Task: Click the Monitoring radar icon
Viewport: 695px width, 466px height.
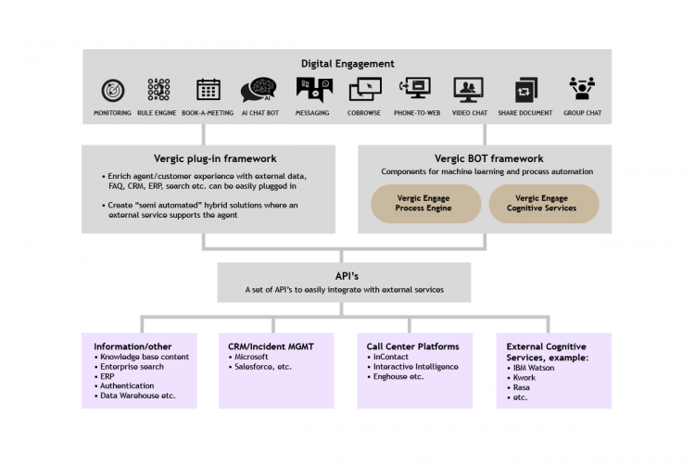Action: (x=112, y=91)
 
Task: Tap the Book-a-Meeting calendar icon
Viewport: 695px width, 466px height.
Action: (x=208, y=90)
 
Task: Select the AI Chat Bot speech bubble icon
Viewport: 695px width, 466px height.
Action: (x=259, y=90)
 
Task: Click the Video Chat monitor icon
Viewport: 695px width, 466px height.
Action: (x=469, y=89)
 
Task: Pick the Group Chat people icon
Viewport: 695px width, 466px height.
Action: (x=582, y=88)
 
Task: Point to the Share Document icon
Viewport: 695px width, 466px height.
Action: (x=525, y=90)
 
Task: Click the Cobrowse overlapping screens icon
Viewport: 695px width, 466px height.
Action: (x=365, y=90)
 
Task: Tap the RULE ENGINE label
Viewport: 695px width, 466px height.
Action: (x=157, y=113)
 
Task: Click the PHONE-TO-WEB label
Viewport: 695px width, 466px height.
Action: (x=417, y=113)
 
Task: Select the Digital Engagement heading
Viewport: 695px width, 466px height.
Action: (x=347, y=64)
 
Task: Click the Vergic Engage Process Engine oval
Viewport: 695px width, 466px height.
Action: (x=425, y=203)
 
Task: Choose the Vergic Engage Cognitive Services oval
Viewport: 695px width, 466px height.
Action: (x=544, y=203)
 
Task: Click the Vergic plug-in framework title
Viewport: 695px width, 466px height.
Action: (x=215, y=158)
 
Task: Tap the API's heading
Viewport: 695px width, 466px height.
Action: (x=347, y=276)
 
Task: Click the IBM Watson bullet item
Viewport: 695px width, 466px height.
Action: (x=531, y=368)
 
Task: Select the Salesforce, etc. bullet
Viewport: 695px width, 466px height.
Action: (x=260, y=367)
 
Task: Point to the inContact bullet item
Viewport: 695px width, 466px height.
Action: (x=388, y=357)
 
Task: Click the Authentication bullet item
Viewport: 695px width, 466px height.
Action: (x=124, y=385)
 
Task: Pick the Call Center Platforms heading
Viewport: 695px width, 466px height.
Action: (x=412, y=346)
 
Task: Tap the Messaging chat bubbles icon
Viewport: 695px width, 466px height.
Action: (x=314, y=90)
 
